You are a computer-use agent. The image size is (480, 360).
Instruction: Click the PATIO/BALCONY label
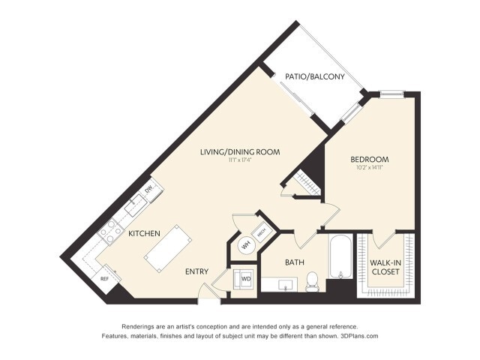[x=314, y=76]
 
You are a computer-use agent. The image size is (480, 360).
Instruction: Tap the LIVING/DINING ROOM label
[x=240, y=151]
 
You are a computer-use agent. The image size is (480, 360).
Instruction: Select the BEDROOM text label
[x=370, y=159]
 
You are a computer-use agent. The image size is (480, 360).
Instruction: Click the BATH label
[x=294, y=262]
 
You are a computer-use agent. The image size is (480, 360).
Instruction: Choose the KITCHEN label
[x=145, y=234]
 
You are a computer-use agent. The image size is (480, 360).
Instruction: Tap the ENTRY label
[x=196, y=271]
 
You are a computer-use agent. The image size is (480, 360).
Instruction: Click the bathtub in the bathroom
[x=338, y=259]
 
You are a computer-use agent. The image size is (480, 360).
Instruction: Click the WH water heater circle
[x=245, y=244]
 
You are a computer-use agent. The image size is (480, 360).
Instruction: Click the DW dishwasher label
[x=148, y=188]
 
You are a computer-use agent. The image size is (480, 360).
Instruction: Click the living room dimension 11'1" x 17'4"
[x=240, y=160]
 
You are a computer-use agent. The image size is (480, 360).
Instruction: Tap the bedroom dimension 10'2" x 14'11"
[x=370, y=168]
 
